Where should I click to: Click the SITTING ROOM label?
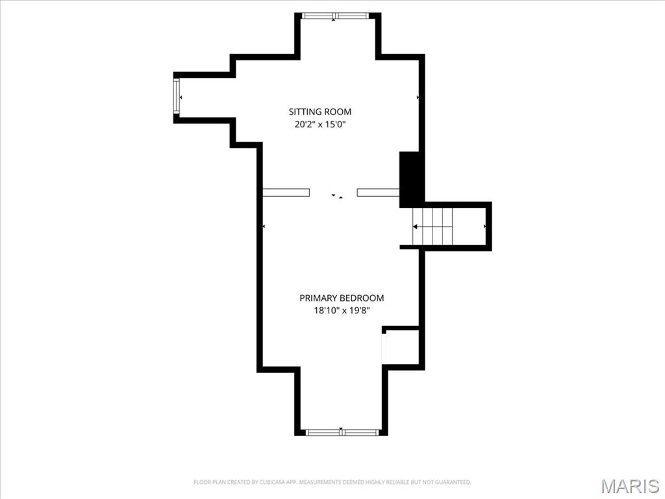tap(320, 112)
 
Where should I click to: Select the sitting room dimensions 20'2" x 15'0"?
tap(320, 124)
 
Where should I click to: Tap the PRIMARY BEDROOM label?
tap(341, 298)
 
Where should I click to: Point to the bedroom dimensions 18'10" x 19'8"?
tap(341, 311)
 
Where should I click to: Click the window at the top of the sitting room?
tap(336, 16)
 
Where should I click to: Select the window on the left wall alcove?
tap(176, 97)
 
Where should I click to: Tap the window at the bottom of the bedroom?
tap(342, 431)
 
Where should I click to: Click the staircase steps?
tap(438, 226)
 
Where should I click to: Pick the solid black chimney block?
tap(410, 179)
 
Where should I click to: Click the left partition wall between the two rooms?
tap(286, 192)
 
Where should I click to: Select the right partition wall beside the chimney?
tap(377, 192)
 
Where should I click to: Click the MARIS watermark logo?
tap(629, 486)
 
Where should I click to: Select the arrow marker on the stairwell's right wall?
tap(484, 226)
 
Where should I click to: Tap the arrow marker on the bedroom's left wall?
tap(263, 226)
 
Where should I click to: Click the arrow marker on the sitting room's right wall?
tap(418, 97)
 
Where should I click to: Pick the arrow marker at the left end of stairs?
tap(415, 226)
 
